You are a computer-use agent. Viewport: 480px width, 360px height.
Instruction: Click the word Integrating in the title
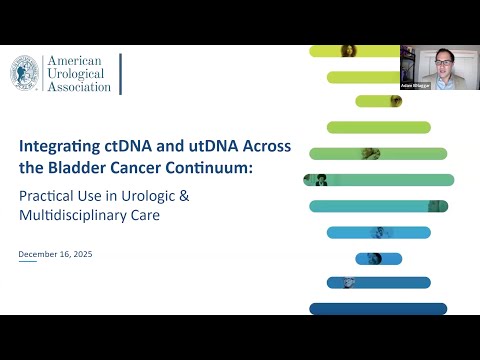point(56,146)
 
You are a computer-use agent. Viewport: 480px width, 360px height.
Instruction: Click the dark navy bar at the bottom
point(376,309)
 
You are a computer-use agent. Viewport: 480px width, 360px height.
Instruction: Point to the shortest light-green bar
point(379,101)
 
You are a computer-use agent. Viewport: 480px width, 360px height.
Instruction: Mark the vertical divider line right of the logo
point(121,75)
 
